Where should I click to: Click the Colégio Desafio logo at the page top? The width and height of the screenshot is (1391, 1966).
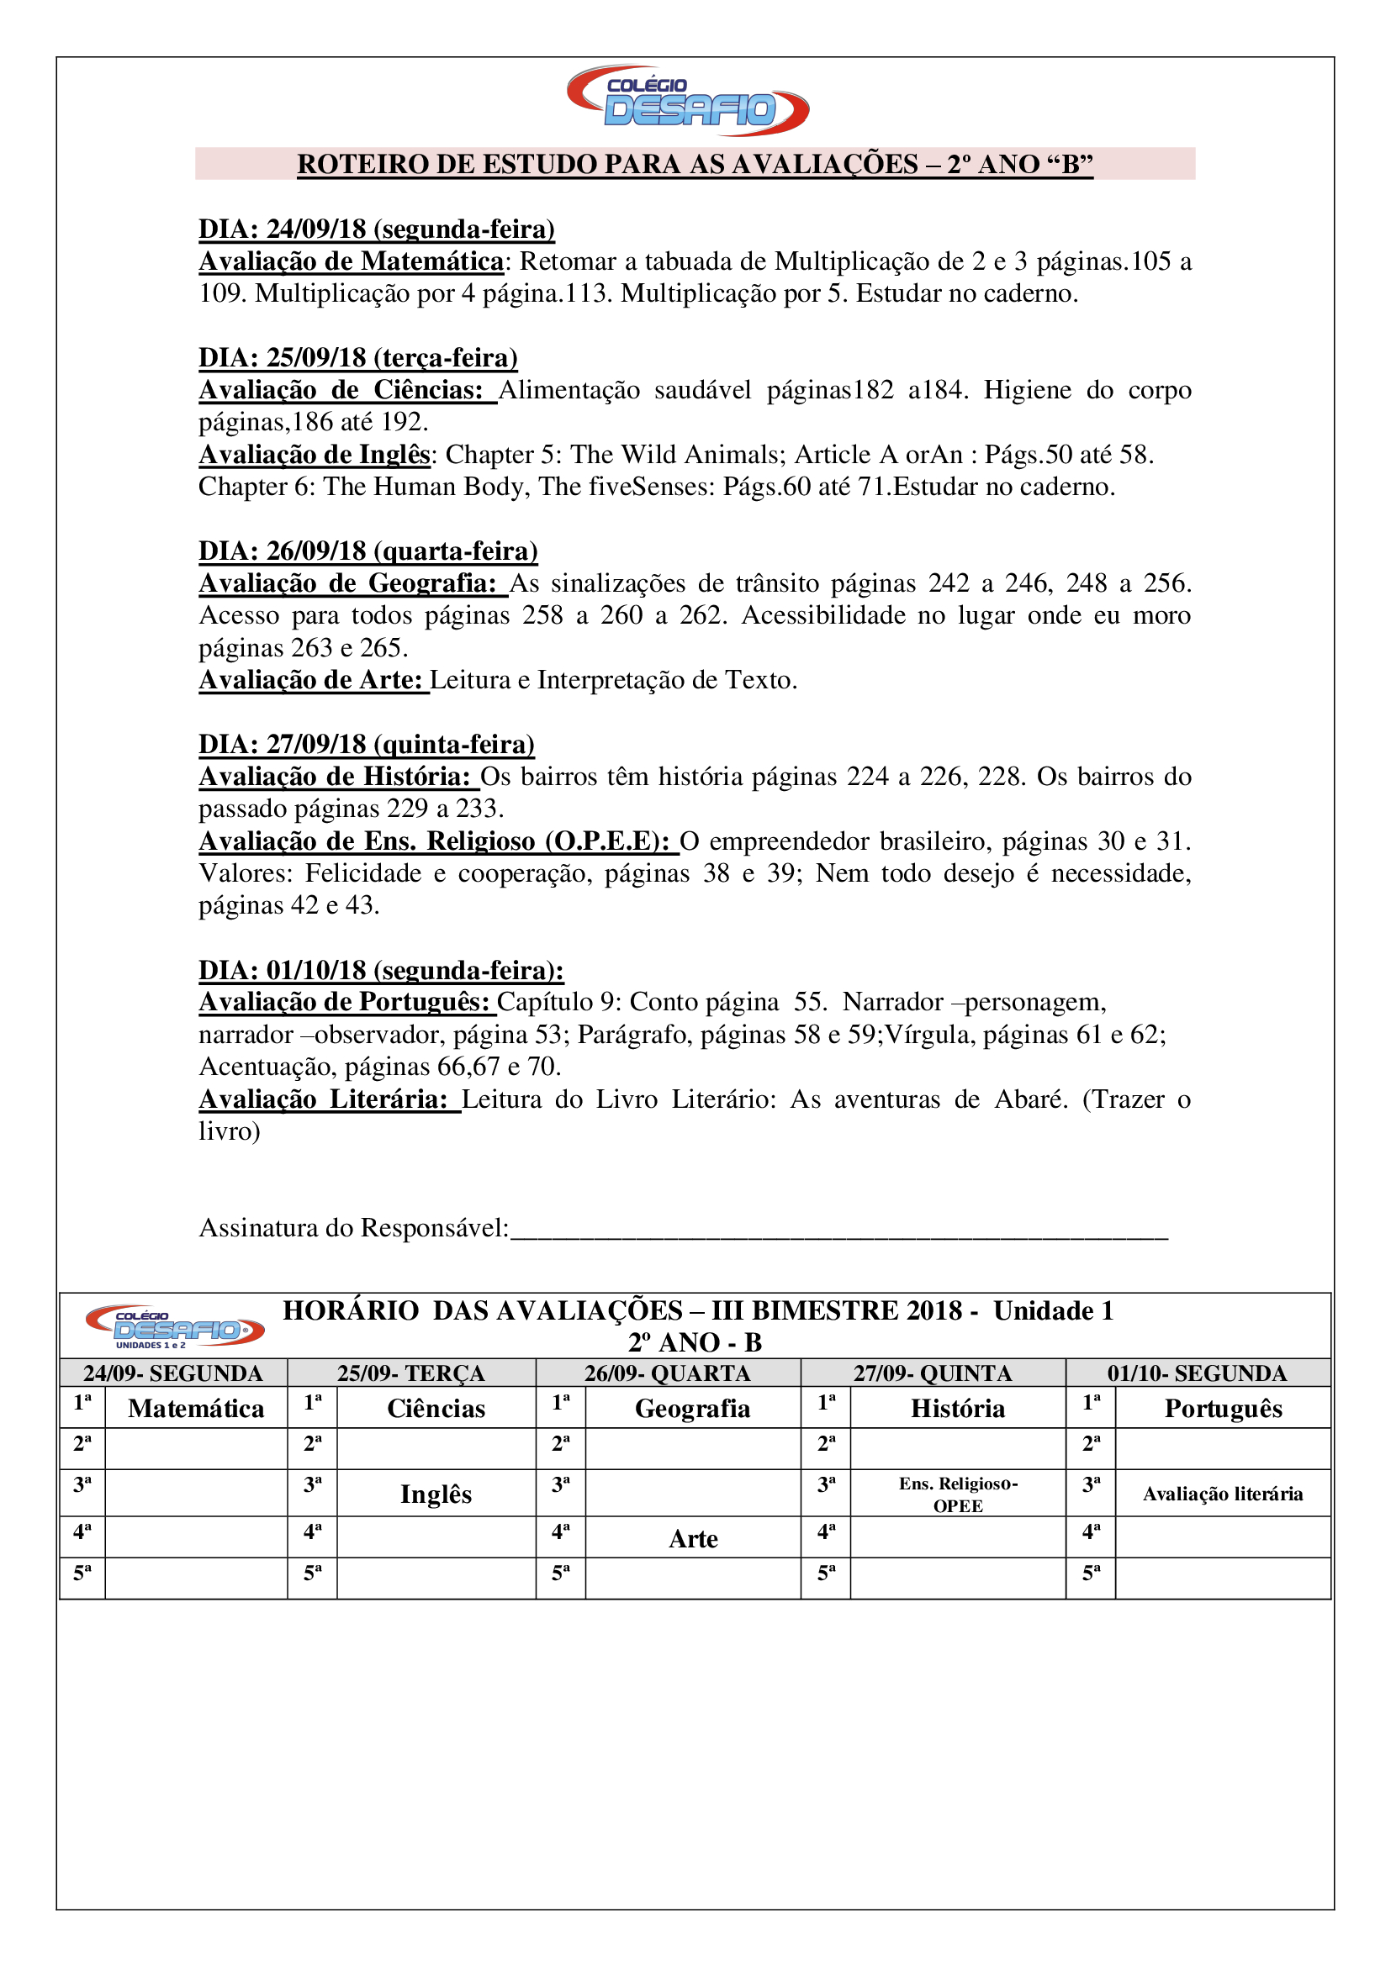coord(688,101)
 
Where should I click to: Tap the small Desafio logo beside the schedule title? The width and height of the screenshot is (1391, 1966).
coord(175,1326)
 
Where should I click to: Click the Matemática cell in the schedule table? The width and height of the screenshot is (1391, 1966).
coord(196,1409)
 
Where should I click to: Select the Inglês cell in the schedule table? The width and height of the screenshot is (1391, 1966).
coord(436,1494)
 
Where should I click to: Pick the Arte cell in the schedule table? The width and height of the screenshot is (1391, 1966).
coord(693,1539)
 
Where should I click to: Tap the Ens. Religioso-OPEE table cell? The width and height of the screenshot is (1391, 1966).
coord(958,1494)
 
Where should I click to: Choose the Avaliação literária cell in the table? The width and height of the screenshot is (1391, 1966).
coord(1222,1494)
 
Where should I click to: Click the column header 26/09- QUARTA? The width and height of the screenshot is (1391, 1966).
coord(667,1373)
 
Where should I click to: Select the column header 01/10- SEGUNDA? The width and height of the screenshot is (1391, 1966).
coord(1197,1373)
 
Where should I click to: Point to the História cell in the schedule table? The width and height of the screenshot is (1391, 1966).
coord(958,1409)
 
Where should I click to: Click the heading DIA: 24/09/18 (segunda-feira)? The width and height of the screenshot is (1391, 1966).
coord(377,229)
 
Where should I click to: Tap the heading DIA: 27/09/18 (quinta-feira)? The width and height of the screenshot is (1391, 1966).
coord(367,744)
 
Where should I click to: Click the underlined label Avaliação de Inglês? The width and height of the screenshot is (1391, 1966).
coord(315,455)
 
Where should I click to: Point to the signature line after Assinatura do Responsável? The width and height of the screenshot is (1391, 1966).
coord(839,1231)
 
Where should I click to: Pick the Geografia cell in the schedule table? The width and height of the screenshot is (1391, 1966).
coord(692,1409)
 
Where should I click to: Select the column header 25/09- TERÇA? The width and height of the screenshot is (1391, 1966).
coord(411,1373)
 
